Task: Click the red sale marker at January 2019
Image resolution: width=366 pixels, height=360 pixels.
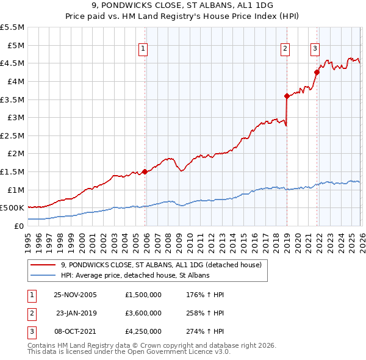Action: pos(286,96)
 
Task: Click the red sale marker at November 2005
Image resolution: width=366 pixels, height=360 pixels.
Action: pos(145,171)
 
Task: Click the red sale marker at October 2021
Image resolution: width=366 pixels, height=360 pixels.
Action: pos(317,72)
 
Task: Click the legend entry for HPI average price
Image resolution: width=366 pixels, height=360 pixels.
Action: pos(135,276)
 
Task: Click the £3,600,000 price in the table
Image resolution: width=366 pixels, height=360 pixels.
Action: pos(142,313)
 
